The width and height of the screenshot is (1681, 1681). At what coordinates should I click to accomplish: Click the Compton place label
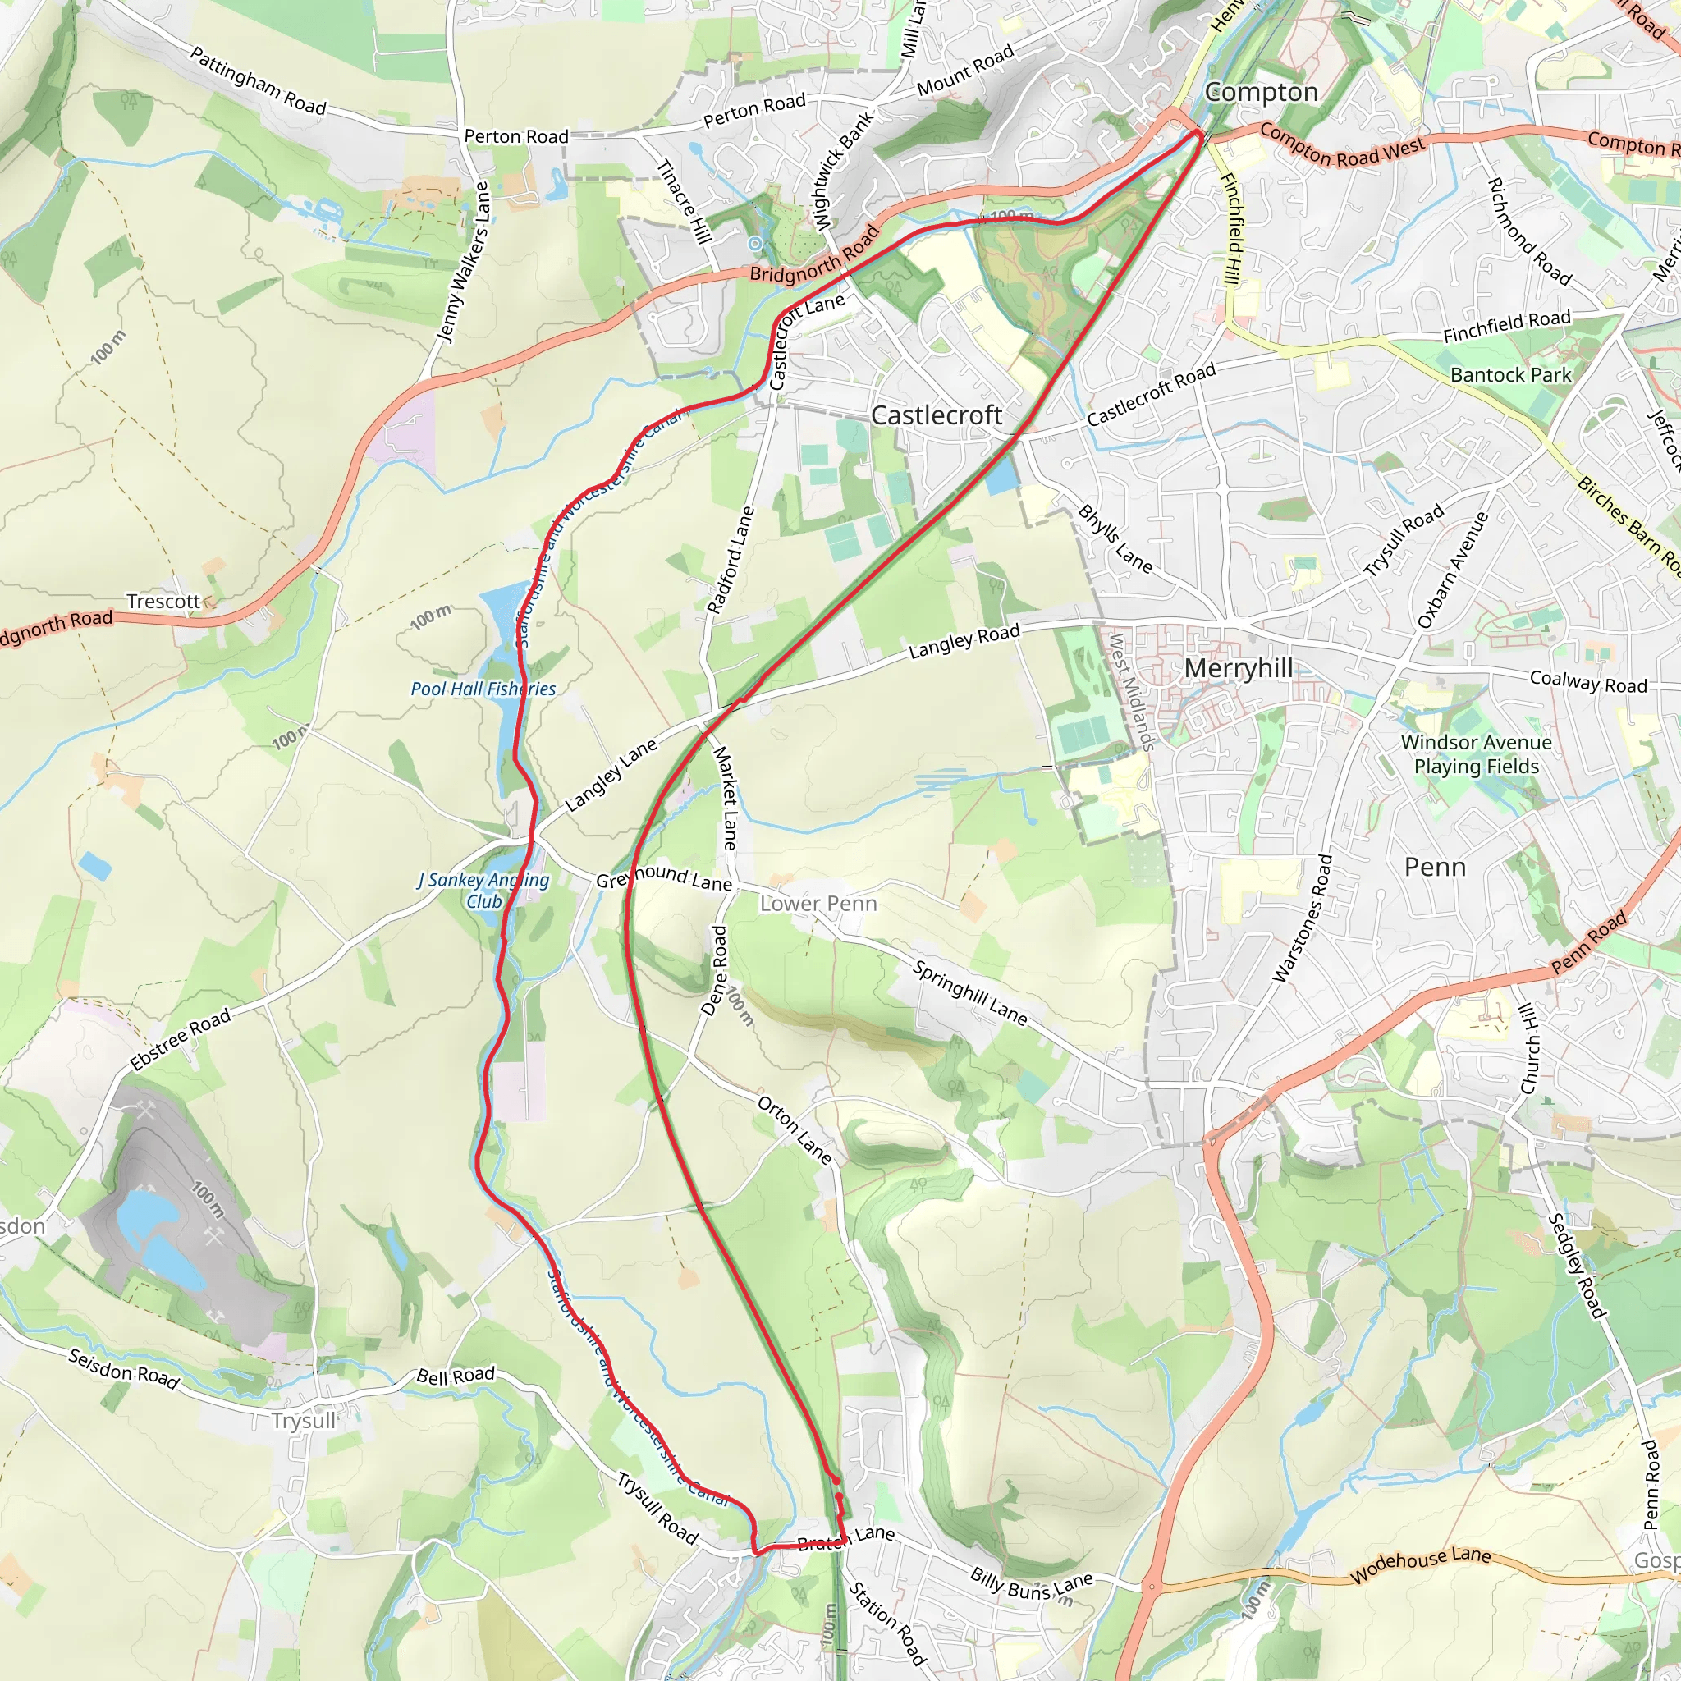(x=1261, y=92)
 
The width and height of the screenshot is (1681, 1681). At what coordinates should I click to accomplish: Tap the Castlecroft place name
(x=937, y=415)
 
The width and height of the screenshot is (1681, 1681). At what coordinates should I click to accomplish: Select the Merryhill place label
(x=1238, y=667)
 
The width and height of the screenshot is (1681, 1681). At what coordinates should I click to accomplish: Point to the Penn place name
(x=1435, y=867)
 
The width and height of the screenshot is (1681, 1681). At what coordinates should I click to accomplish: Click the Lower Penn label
(x=818, y=903)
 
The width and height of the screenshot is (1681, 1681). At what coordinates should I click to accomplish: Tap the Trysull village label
(x=303, y=1420)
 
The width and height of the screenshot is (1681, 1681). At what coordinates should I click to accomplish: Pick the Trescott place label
(x=163, y=601)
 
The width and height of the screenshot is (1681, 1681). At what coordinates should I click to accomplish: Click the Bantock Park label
(x=1510, y=375)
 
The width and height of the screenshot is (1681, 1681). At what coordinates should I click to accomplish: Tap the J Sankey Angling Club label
(x=483, y=890)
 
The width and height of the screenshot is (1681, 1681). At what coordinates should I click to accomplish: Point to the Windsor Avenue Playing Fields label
(x=1476, y=754)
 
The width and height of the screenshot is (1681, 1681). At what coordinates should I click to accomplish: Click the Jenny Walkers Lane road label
(x=463, y=262)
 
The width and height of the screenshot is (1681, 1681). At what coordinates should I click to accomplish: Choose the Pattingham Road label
(x=258, y=82)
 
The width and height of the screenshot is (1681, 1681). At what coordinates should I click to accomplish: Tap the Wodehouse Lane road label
(x=1420, y=1564)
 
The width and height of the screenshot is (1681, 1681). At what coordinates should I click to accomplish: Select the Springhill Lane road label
(x=969, y=993)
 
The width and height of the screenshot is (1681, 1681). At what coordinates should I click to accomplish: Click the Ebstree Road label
(x=181, y=1039)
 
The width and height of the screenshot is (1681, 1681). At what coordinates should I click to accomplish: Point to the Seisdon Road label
(x=124, y=1371)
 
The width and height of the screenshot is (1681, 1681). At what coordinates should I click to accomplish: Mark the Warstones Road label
(x=1303, y=918)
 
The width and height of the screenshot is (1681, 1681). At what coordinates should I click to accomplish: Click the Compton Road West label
(x=1342, y=144)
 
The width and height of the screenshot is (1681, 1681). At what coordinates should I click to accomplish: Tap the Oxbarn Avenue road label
(x=1452, y=570)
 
